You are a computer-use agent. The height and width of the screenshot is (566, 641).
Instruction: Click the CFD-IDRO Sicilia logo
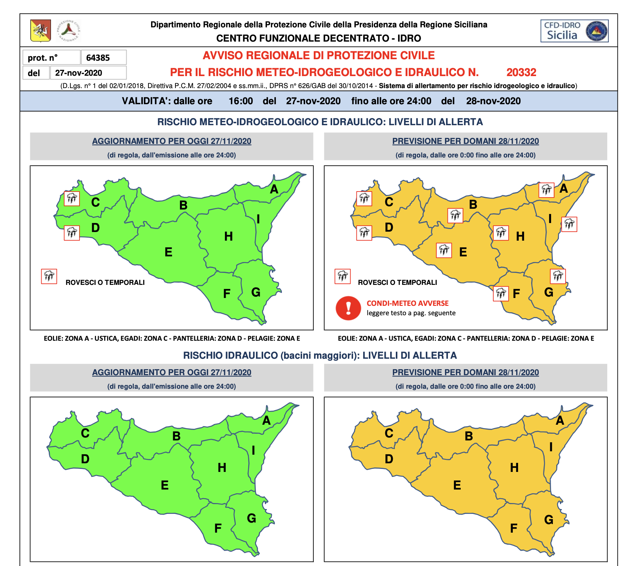coord(574,31)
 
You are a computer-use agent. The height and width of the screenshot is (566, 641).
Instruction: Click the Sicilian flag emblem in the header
coord(40,30)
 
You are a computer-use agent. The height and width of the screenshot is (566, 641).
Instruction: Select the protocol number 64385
coord(98,58)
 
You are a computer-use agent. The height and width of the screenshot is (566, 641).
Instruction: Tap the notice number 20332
coord(521,72)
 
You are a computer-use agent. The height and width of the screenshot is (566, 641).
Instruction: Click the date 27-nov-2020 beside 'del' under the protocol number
coord(79,73)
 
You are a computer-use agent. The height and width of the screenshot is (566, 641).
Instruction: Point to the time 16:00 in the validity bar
coord(241,101)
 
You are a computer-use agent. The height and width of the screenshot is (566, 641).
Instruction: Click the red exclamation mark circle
coord(348,308)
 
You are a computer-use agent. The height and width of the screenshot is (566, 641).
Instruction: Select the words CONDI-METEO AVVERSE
coord(407,303)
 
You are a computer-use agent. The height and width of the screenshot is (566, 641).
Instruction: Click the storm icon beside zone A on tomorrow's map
coord(546,190)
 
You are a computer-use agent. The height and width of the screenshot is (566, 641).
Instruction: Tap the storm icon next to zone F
coord(501,293)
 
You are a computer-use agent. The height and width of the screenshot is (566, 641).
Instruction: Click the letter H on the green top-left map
coord(228,237)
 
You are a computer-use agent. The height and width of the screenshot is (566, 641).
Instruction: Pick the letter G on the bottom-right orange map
coord(548,520)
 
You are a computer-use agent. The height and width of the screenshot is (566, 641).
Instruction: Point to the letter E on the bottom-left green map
coord(165,485)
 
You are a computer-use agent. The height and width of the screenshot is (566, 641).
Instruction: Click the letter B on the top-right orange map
coord(473,205)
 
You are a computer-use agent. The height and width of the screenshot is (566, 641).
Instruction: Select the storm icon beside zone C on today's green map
coord(72,198)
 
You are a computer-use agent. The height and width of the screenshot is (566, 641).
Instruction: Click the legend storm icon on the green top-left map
coord(49,277)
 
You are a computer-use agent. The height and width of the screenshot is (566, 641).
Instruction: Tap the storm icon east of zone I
coord(569,225)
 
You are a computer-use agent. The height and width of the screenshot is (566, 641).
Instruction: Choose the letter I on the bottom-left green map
coord(253,450)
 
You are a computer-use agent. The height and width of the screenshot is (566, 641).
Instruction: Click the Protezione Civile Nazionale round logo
coord(69,30)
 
